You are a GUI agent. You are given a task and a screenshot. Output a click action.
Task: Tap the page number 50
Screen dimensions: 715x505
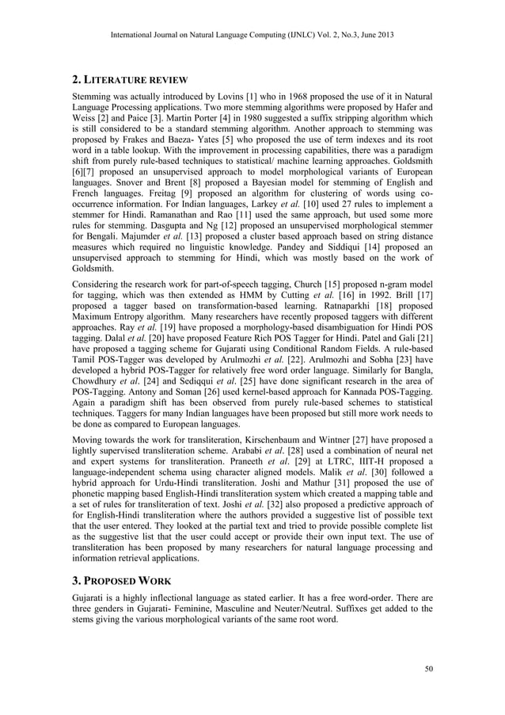click(x=428, y=670)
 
